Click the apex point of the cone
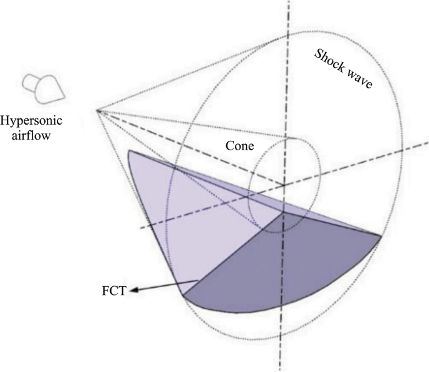pyautogui.click(x=98, y=110)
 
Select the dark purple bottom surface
pyautogui.click(x=282, y=269)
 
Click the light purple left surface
pyautogui.click(x=182, y=213)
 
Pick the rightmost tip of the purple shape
pyautogui.click(x=381, y=236)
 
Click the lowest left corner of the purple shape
pyautogui.click(x=183, y=294)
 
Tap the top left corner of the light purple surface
pyautogui.click(x=128, y=151)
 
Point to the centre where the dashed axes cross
pyautogui.click(x=284, y=185)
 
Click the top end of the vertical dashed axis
pyautogui.click(x=289, y=3)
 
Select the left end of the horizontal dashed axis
pyautogui.click(x=140, y=229)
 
